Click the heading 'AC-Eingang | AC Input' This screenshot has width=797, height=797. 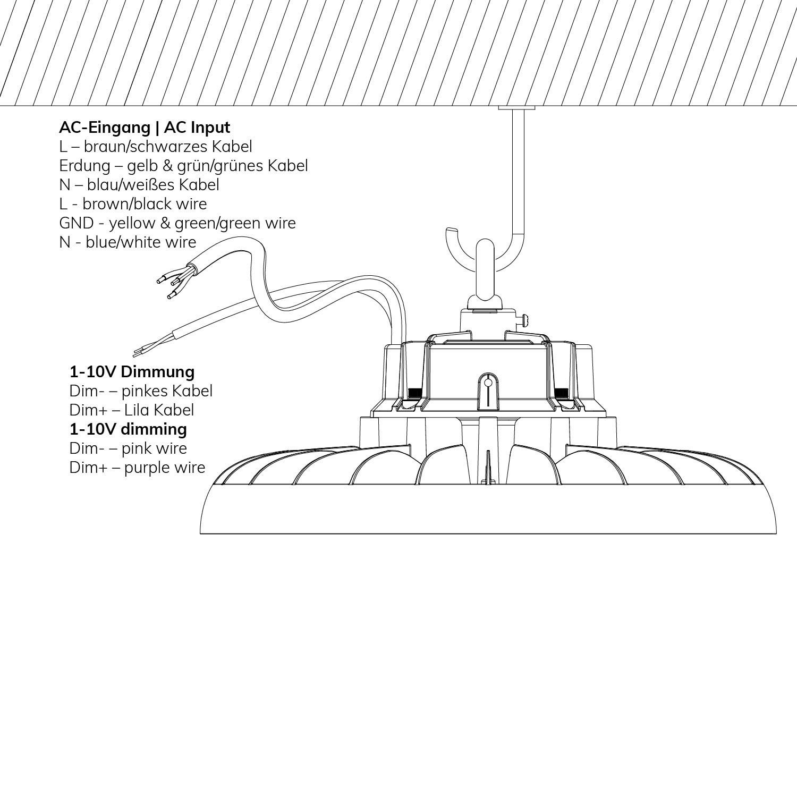click(145, 128)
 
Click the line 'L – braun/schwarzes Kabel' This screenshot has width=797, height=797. click(156, 147)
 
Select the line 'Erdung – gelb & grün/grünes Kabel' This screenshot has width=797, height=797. click(183, 166)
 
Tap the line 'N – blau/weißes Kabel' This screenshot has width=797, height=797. click(139, 185)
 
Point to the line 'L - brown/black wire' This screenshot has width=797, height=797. click(133, 204)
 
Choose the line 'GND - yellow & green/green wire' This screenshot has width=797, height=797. click(177, 223)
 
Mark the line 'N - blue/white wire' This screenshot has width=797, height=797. click(128, 242)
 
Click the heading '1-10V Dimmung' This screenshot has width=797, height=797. click(132, 371)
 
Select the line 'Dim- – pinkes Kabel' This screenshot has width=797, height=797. click(141, 391)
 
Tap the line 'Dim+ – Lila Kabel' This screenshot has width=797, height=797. click(132, 410)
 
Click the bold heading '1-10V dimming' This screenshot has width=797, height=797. click(128, 429)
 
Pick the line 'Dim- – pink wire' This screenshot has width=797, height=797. click(128, 448)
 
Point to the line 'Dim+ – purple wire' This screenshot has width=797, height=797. click(137, 468)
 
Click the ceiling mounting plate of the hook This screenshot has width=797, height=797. click(516, 108)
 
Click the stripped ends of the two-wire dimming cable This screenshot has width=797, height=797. click(140, 351)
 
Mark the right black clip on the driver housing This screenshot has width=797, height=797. click(561, 393)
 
